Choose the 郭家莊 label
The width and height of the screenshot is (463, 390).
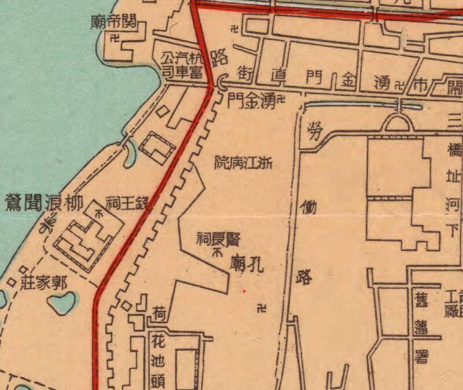pyautogui.click(x=44, y=284)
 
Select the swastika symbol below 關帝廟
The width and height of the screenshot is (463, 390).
pyautogui.click(x=114, y=39)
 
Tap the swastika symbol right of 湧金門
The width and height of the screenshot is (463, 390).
pyautogui.click(x=282, y=100)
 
